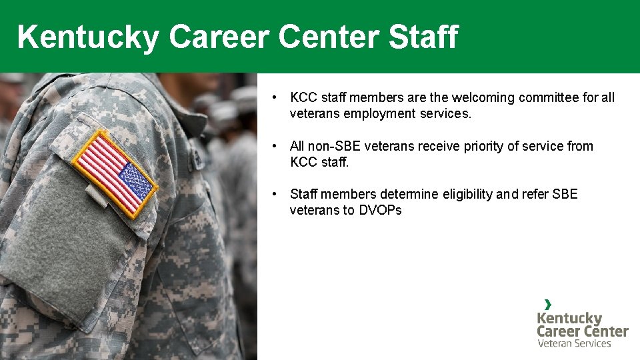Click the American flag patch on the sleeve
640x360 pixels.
pyautogui.click(x=115, y=173)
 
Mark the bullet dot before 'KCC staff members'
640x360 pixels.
pyautogui.click(x=275, y=98)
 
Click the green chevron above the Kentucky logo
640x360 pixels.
pyautogui.click(x=547, y=304)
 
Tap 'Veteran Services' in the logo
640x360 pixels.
pyautogui.click(x=574, y=343)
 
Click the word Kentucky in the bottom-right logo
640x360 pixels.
pyautogui.click(x=569, y=318)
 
